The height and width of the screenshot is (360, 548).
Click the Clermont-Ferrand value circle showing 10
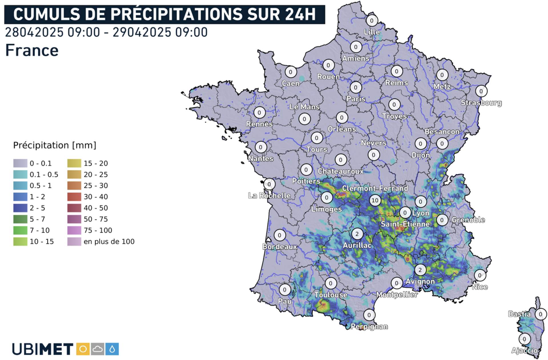[x=375, y=200]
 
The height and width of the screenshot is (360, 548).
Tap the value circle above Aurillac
[x=357, y=234]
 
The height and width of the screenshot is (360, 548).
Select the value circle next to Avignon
[x=420, y=270]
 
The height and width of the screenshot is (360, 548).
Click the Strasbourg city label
[x=481, y=103]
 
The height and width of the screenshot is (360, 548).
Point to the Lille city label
[x=372, y=32]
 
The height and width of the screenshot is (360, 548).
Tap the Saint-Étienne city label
[x=405, y=224]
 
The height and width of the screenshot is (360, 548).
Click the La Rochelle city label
[x=269, y=196]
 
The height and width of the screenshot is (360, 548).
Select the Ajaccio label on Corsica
[x=524, y=350]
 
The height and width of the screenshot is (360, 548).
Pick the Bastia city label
[x=519, y=314]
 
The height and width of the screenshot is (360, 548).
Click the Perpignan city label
[x=369, y=327]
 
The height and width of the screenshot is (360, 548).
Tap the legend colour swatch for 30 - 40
[x=74, y=197]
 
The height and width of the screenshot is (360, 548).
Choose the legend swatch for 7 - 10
[x=20, y=230]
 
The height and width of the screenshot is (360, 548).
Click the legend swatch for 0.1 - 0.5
[x=20, y=174]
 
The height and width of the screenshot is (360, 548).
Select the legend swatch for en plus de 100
[x=74, y=242]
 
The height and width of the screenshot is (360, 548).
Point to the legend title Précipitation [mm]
[x=55, y=145]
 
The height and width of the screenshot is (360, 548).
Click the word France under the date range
[x=32, y=51]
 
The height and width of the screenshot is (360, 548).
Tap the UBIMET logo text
[x=43, y=349]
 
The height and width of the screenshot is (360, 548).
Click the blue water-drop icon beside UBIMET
[x=112, y=349]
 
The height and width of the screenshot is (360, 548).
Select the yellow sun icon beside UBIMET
[x=83, y=349]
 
